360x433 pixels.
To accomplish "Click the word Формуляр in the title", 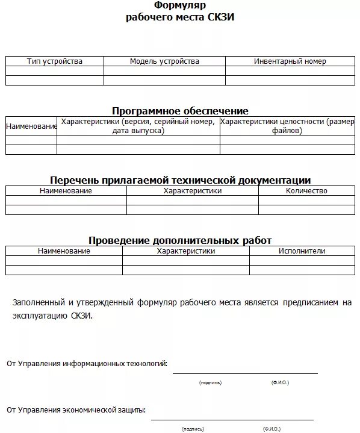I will coord(181,5).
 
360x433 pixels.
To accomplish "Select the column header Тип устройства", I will coord(55,61).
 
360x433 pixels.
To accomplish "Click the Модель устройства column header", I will coord(164,61).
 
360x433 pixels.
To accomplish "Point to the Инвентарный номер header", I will coord(290,61).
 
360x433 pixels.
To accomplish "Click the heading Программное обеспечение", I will coord(180,111).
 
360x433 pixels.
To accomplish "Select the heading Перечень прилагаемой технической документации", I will coord(180,180).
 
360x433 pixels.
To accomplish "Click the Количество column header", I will coord(307,191).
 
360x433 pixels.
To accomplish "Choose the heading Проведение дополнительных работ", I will coord(180,240).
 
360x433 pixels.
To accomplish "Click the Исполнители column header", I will coord(302,251).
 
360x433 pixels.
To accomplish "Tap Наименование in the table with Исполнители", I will coord(64,251).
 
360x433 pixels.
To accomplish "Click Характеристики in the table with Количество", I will coord(193,191).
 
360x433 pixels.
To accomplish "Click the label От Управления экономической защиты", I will coord(76,410).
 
